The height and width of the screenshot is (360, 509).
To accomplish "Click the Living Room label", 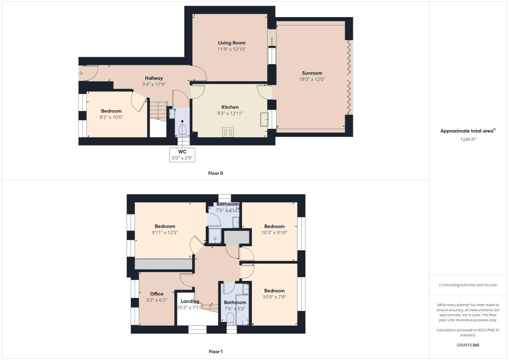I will [231, 43].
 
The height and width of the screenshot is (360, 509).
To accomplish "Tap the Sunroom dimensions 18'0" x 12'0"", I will [312, 79].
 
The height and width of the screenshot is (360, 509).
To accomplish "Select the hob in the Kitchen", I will [228, 132].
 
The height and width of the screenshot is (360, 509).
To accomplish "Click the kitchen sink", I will [264, 120].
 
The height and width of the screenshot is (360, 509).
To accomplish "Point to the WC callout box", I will [182, 155].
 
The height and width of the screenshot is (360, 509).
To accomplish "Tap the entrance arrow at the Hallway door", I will [80, 73].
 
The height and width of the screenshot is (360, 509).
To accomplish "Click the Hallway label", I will [154, 78].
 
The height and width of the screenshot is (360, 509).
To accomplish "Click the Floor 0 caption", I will [215, 173].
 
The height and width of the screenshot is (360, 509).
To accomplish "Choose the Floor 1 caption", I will [215, 352].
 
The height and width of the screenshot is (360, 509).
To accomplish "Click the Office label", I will [156, 294].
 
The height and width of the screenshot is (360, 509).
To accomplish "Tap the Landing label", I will [190, 301].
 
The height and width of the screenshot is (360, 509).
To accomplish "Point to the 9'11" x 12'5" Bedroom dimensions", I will [165, 233].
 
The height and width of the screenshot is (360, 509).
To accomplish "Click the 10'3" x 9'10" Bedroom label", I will [274, 226].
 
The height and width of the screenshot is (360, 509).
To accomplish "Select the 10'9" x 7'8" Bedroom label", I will [274, 291].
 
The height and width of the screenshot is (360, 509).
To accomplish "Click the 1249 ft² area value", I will [468, 139].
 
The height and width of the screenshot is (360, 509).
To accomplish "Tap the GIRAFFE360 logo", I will [468, 345].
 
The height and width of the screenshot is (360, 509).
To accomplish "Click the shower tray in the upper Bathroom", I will [215, 236].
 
